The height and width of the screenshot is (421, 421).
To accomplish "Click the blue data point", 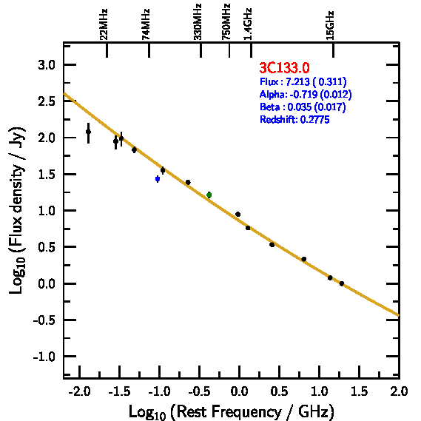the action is [x=158, y=179].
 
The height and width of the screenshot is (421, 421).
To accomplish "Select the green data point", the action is [x=209, y=195].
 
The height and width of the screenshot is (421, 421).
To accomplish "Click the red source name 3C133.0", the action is [x=284, y=67].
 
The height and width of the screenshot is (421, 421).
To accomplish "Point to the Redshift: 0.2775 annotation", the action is [x=294, y=119].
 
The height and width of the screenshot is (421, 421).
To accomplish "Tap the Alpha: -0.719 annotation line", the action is [x=306, y=94].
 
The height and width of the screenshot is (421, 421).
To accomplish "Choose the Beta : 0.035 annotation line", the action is [x=303, y=107].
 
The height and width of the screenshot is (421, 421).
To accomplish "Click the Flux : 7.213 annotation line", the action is [x=303, y=81].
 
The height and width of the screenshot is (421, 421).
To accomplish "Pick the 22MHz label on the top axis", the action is [x=104, y=24].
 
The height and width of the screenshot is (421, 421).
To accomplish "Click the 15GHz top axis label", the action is [x=330, y=25].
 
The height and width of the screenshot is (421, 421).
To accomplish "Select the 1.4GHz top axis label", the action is [x=248, y=24].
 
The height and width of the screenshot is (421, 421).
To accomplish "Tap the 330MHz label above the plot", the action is [x=198, y=21].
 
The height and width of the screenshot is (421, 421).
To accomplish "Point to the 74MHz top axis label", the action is [x=146, y=24].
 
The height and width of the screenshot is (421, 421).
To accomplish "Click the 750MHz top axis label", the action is [x=226, y=21].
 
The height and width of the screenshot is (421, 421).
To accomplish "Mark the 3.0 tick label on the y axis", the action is [x=47, y=65].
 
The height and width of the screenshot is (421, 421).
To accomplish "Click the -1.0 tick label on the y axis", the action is [x=44, y=357].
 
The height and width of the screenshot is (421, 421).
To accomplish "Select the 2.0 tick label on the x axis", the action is [x=399, y=391].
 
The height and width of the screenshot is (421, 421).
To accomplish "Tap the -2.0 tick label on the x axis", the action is [x=79, y=391].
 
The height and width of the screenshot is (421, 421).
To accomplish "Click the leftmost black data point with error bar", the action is [x=88, y=132].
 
